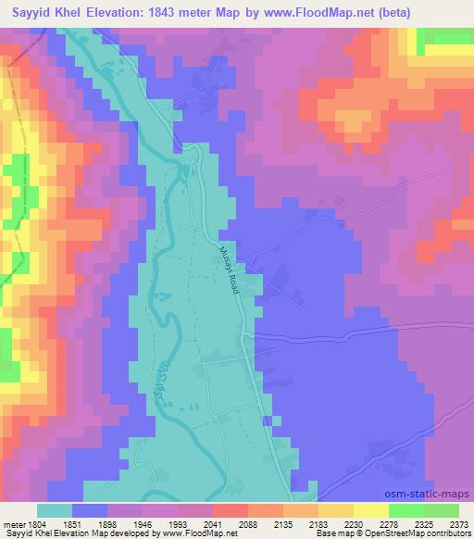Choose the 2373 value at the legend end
coord(457,523)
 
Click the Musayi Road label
coord(231,269)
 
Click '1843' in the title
coord(166,11)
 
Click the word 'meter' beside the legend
coord(12,523)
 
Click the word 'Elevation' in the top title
coord(107,11)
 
